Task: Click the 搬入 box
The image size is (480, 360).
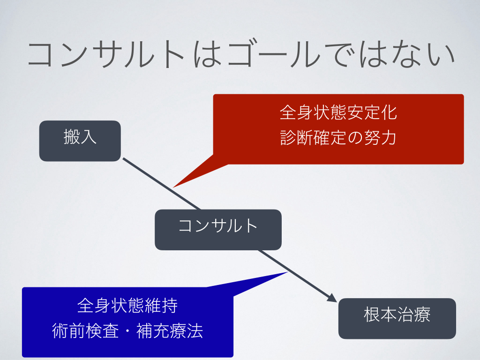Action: (80, 141)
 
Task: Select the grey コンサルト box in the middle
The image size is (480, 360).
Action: (218, 229)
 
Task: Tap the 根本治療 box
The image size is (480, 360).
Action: (397, 318)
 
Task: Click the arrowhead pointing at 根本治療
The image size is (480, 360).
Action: (333, 298)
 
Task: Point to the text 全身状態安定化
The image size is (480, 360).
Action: (338, 113)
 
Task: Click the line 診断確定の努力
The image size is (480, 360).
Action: (338, 138)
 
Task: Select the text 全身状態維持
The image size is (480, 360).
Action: (127, 306)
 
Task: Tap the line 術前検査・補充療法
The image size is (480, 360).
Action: (127, 331)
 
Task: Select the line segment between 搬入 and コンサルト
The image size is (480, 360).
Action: (162, 184)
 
